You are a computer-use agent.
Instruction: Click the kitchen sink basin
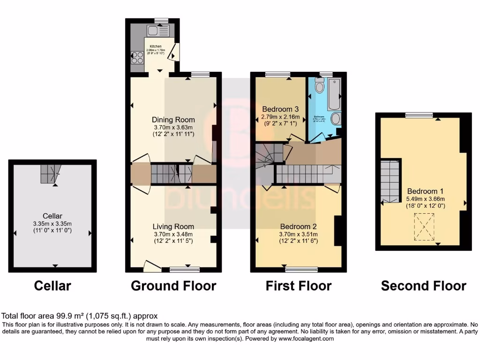coord(153,31)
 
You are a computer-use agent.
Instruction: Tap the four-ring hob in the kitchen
coord(138,58)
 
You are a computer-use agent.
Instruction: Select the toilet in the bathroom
coord(320,86)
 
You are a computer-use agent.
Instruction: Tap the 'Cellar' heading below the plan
coord(52,285)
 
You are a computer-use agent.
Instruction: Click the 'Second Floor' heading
coord(423,285)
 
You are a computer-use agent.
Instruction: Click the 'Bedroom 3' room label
coord(279,108)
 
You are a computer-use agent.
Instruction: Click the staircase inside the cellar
coord(49,174)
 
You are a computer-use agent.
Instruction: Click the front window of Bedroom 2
coord(301,270)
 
